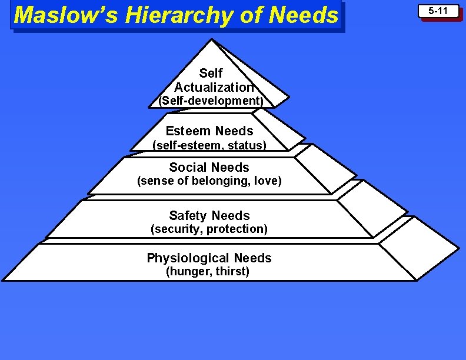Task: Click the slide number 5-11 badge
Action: click(438, 11)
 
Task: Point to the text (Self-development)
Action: click(209, 101)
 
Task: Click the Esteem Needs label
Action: click(209, 131)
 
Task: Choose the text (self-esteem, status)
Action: click(209, 145)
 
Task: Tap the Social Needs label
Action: click(209, 167)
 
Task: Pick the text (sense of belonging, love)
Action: click(209, 181)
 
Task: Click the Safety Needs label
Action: click(209, 215)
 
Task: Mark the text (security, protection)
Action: click(209, 229)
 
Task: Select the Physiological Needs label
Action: click(209, 258)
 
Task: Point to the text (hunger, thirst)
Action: click(208, 272)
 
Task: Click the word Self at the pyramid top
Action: click(211, 73)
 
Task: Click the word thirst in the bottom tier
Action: click(232, 272)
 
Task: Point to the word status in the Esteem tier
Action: click(247, 145)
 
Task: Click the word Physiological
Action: click(188, 258)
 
